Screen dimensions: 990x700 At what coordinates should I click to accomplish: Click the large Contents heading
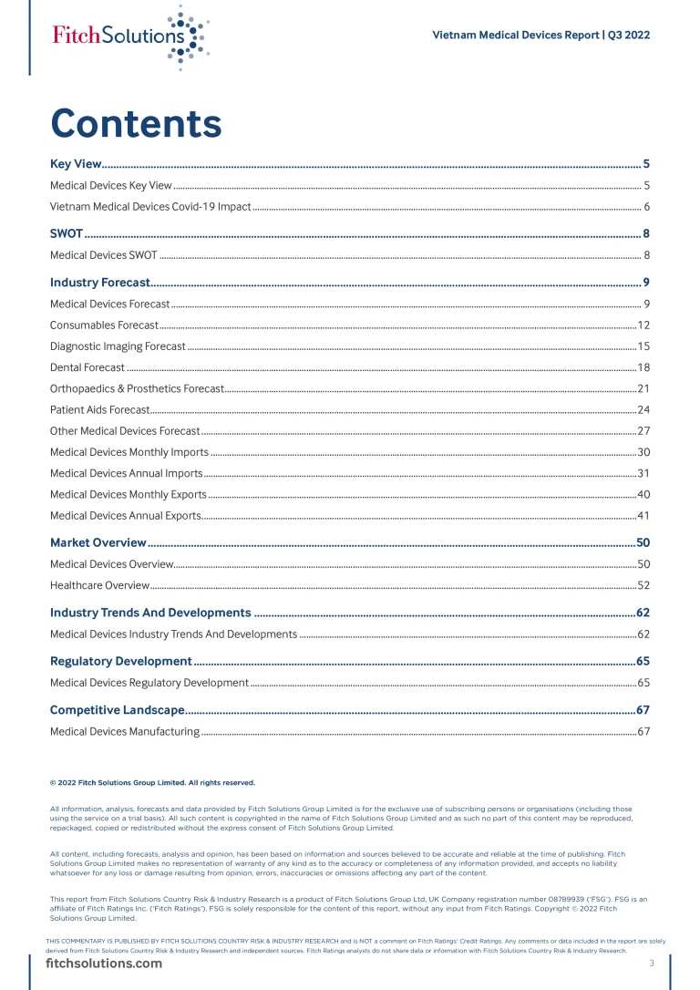(x=136, y=123)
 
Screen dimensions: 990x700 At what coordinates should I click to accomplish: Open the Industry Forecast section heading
(x=99, y=283)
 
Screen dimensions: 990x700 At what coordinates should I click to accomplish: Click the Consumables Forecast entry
(x=104, y=325)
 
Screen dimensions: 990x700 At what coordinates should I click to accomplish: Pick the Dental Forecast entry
(x=87, y=367)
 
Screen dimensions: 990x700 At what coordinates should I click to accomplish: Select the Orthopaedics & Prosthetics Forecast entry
(x=137, y=389)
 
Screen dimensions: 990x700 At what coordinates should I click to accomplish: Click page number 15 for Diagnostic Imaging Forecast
(x=643, y=346)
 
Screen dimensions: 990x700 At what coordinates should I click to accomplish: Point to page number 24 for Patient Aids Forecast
(x=643, y=410)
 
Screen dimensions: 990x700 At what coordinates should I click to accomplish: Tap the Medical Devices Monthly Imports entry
(x=129, y=452)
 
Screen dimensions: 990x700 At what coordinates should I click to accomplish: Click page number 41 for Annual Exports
(x=643, y=516)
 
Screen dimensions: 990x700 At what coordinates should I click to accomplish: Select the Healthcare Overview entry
(x=99, y=585)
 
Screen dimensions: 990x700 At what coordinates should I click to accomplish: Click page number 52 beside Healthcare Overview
(x=643, y=585)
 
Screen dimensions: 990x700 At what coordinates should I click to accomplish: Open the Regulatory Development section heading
(x=120, y=661)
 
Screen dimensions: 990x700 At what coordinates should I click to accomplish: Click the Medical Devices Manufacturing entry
(x=125, y=731)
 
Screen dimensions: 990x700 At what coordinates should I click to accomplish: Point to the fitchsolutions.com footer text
(x=104, y=964)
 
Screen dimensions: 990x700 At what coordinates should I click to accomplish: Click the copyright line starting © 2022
(x=152, y=782)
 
